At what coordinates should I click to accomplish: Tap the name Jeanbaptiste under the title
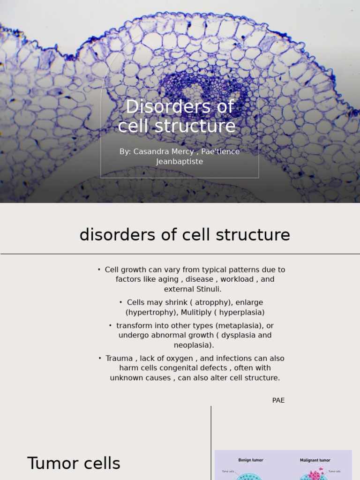[180, 162]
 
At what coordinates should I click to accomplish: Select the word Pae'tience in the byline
[221, 151]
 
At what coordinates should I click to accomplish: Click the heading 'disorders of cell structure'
[185, 234]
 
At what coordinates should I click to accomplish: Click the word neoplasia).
[194, 345]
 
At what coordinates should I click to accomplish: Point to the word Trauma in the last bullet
[119, 358]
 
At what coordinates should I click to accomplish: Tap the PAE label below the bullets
[278, 400]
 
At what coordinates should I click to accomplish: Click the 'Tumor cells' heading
[74, 463]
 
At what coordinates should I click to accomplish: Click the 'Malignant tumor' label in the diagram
[315, 460]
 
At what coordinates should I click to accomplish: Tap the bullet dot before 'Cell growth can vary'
[99, 270]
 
